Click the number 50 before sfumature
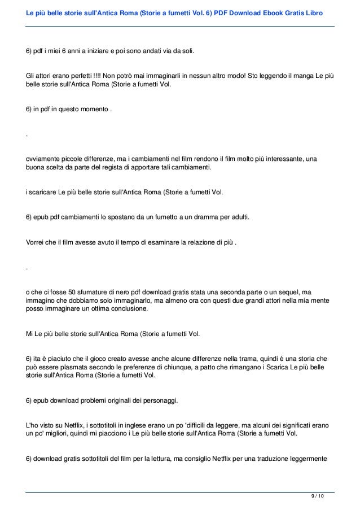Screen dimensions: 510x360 (59, 292)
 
